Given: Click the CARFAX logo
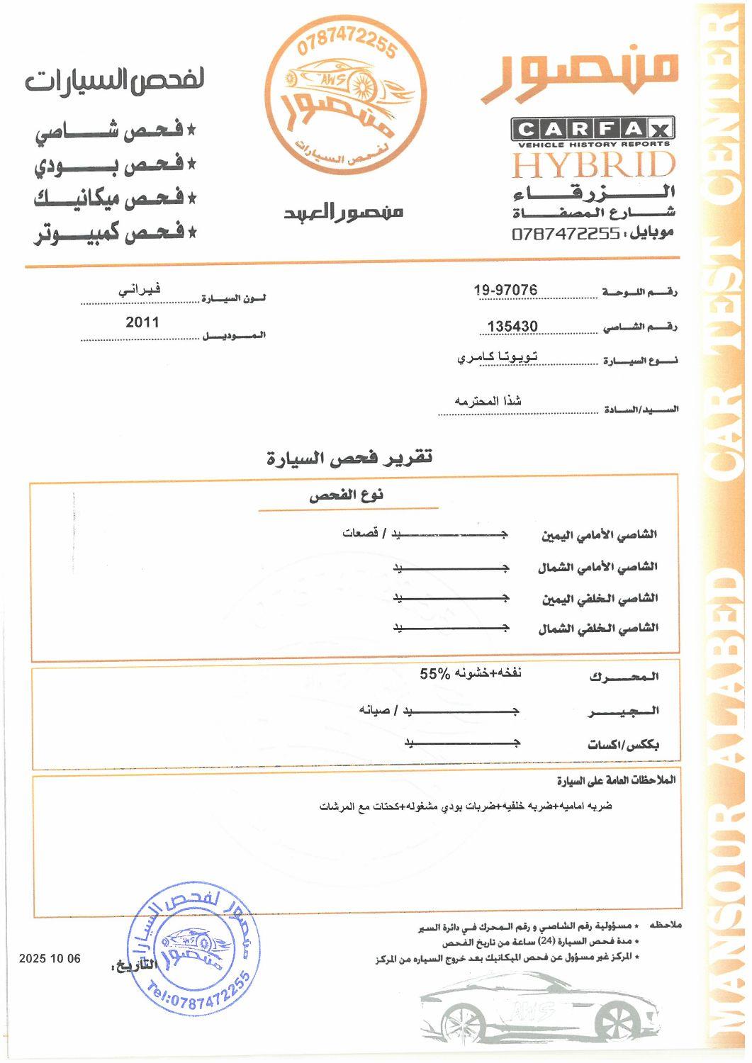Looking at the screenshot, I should (593, 130).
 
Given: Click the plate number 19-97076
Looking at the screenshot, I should (505, 290).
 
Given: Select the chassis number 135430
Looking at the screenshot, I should (512, 326).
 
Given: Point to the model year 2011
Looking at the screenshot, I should (142, 322).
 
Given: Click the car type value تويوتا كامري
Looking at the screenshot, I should (497, 357).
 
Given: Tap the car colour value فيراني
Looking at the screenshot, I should (139, 289).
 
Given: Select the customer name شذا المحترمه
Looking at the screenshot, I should (488, 401).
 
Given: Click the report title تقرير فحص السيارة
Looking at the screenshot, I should (349, 458).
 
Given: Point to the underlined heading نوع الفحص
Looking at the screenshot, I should (346, 495).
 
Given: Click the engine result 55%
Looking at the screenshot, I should (434, 674).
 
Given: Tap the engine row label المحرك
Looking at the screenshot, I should (624, 677).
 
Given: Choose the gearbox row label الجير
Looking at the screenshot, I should (624, 711).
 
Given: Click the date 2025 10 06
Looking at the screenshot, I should (50, 959).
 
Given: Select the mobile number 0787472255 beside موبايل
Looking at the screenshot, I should (566, 233).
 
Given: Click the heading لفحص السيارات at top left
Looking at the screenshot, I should (115, 80).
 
